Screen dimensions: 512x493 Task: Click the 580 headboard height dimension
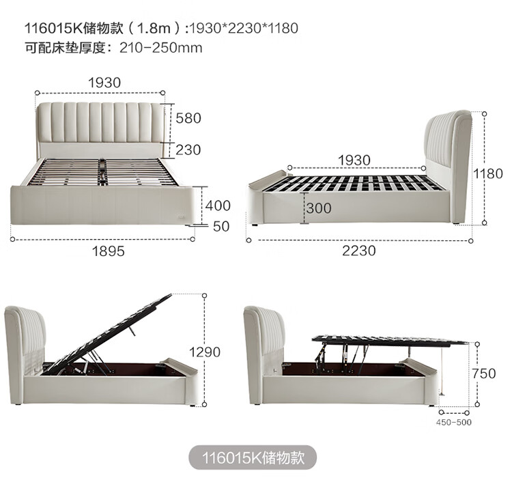click(x=188, y=118)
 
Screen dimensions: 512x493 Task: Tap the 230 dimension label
click(x=188, y=150)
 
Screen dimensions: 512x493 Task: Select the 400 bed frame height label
click(x=218, y=206)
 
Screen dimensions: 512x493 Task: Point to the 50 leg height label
click(x=221, y=226)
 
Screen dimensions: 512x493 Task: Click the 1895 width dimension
click(x=109, y=251)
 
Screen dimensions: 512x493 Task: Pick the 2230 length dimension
click(x=359, y=251)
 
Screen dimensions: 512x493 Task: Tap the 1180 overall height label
click(x=488, y=173)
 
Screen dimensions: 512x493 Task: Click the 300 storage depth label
click(x=319, y=208)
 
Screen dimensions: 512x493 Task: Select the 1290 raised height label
click(x=205, y=352)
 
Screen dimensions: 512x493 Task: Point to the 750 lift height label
click(x=483, y=373)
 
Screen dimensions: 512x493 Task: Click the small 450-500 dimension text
click(x=453, y=422)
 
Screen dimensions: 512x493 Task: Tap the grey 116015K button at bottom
click(x=253, y=457)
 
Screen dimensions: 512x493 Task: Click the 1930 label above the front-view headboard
click(x=104, y=83)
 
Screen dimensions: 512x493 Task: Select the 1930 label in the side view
click(x=354, y=160)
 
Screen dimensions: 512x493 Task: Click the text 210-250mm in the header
click(x=161, y=48)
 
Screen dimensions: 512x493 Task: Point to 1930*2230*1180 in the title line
click(x=244, y=28)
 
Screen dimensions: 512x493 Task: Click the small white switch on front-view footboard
click(x=180, y=216)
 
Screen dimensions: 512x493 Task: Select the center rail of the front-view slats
click(x=103, y=172)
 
